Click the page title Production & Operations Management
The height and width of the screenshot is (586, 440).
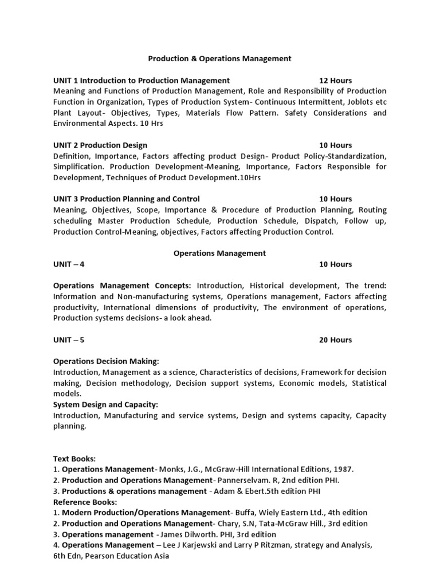click(220, 58)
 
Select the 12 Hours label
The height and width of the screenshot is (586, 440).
click(335, 80)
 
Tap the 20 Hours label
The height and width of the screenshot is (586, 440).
click(335, 340)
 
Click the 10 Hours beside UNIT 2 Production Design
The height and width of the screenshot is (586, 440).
click(335, 145)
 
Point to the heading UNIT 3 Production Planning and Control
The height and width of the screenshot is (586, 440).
click(127, 199)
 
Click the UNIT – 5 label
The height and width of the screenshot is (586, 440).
click(69, 340)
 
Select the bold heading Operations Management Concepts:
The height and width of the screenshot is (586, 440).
click(122, 286)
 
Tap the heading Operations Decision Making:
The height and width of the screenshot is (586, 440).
click(106, 362)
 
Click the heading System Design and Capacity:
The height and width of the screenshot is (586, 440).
click(105, 405)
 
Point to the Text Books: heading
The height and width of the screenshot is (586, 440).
click(74, 459)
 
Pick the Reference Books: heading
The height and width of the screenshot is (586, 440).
click(85, 502)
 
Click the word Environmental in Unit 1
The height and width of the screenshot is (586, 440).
click(80, 124)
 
